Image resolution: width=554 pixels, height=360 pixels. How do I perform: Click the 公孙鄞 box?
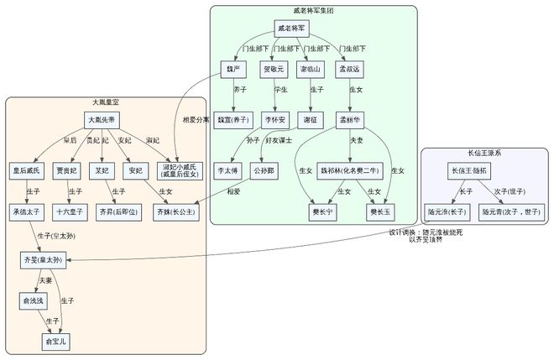tap(264, 170)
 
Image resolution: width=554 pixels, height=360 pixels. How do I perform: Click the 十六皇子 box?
tap(67, 213)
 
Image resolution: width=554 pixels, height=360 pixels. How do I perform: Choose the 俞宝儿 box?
tap(58, 342)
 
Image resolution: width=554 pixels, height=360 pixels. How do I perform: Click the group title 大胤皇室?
tap(106, 102)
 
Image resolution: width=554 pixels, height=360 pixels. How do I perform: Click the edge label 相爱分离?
tap(196, 119)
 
